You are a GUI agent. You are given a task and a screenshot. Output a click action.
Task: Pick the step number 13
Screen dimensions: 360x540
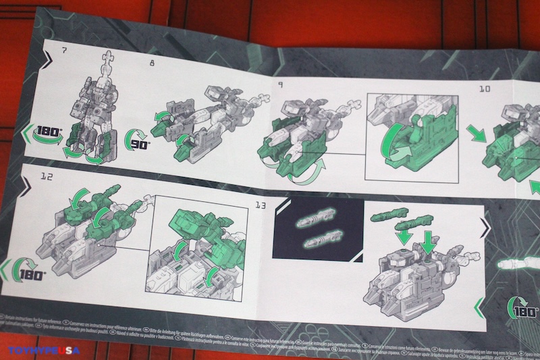point(259,205)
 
